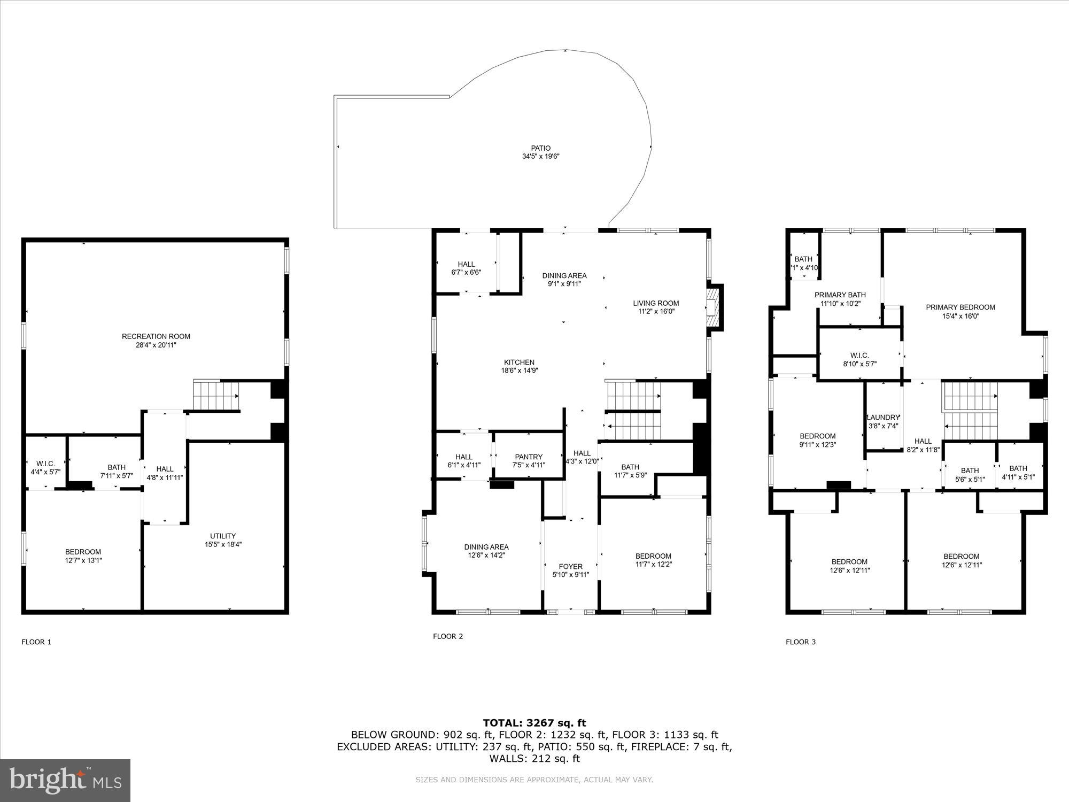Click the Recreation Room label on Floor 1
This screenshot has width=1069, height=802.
(156, 336)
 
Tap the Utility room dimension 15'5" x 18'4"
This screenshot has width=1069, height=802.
(223, 544)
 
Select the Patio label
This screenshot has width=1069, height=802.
(540, 148)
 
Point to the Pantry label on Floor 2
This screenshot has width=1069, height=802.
(529, 457)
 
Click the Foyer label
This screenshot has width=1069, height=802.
(570, 566)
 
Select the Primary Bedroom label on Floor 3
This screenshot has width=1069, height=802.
(960, 307)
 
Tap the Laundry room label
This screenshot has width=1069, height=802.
(883, 418)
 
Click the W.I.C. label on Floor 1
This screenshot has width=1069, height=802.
(45, 464)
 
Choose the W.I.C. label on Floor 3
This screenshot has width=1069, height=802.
(859, 356)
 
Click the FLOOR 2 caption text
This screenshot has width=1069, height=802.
(448, 636)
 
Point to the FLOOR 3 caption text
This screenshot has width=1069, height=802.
(801, 642)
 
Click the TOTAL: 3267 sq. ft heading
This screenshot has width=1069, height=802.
(534, 723)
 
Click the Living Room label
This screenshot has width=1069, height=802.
(656, 303)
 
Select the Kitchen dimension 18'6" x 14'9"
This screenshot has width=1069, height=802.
(518, 370)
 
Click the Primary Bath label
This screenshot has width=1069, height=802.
(840, 295)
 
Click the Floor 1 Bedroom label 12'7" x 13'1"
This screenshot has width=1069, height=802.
(83, 552)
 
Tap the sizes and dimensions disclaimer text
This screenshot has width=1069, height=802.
(534, 780)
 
